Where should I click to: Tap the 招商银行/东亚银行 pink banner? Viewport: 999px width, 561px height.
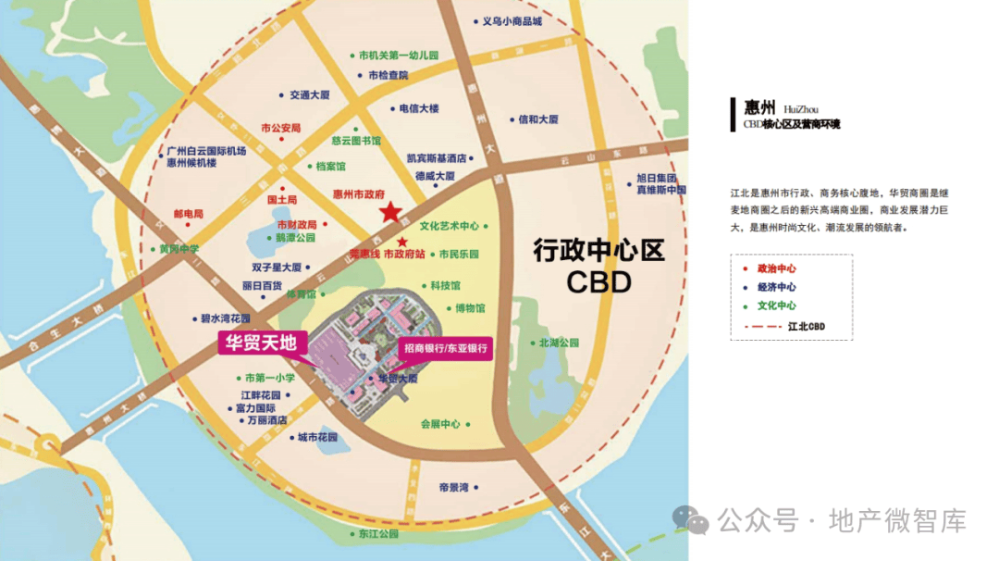pyautogui.click(x=444, y=349)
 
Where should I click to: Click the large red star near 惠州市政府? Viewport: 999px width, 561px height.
pyautogui.click(x=393, y=212)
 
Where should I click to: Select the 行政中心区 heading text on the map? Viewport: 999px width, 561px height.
pyautogui.click(x=598, y=251)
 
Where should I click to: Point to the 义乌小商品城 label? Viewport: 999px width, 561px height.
pyautogui.click(x=514, y=21)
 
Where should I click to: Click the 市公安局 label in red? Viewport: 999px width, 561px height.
pyautogui.click(x=281, y=128)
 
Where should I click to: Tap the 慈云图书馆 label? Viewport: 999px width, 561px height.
pyautogui.click(x=356, y=142)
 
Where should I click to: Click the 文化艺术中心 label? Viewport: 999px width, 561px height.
pyautogui.click(x=450, y=225)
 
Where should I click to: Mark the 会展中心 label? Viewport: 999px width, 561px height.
pyautogui.click(x=440, y=424)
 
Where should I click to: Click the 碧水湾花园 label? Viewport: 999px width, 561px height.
pyautogui.click(x=226, y=318)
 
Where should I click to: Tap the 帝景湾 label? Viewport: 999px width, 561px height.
pyautogui.click(x=454, y=487)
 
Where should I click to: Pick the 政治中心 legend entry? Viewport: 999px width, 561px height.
pyautogui.click(x=776, y=268)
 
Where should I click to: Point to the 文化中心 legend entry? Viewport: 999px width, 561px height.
pyautogui.click(x=776, y=305)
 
